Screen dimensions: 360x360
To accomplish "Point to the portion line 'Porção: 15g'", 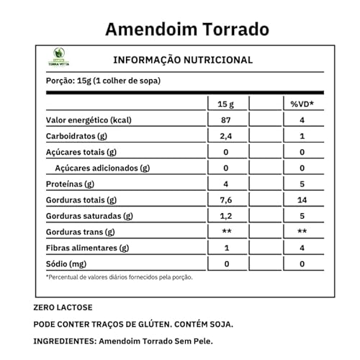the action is [102, 81].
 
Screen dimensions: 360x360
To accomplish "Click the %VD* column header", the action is [302, 104].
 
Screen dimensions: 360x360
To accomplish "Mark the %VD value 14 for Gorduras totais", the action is [302, 199].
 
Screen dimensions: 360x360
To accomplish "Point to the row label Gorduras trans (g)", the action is [81, 232].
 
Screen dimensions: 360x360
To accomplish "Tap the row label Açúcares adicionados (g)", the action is [103, 168].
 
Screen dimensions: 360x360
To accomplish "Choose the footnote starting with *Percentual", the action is [120, 276].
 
